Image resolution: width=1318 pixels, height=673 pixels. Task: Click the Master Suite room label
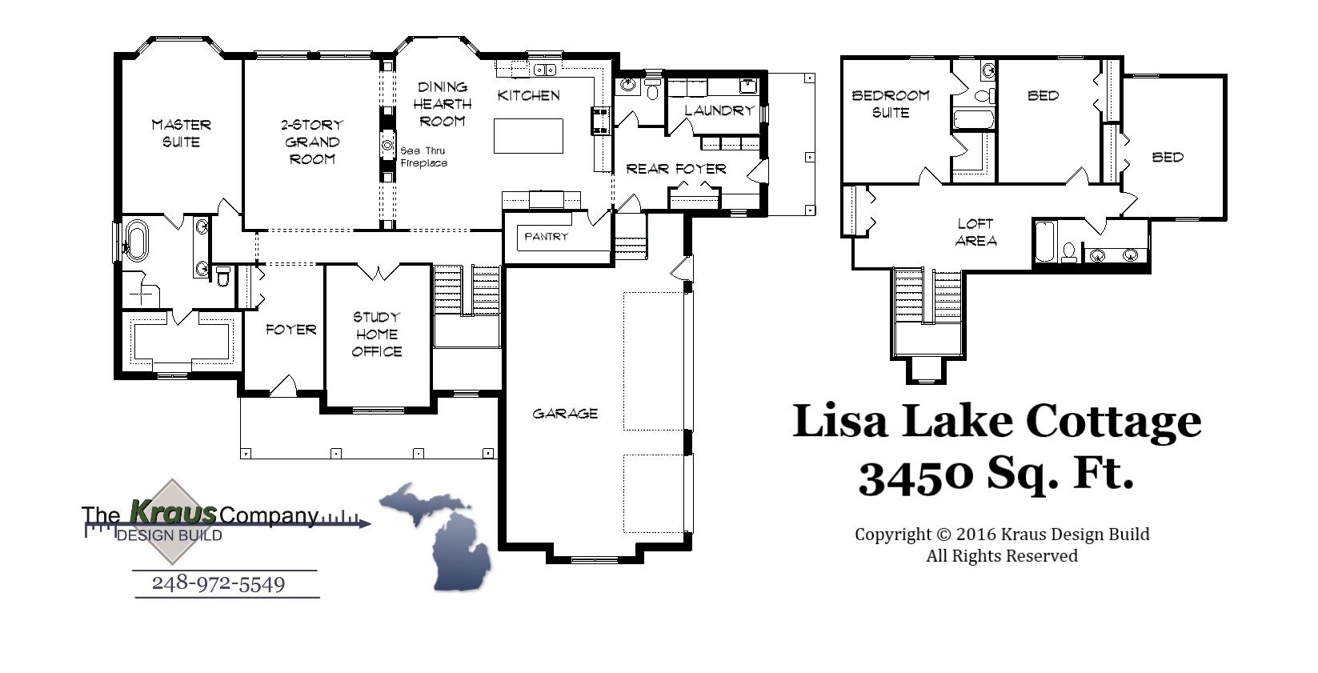tap(182, 134)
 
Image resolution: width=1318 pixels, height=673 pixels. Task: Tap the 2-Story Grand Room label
tap(312, 142)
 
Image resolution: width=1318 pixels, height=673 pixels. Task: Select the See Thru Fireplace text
tap(423, 157)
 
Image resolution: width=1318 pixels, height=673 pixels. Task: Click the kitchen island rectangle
tap(528, 135)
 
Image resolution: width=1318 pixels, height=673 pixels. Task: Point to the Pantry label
tap(547, 237)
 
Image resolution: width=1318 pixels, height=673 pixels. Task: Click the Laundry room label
tap(719, 110)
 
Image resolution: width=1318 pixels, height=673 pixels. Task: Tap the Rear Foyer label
tap(676, 169)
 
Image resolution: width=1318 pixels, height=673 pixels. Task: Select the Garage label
tap(565, 414)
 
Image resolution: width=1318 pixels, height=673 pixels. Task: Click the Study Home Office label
tap(377, 334)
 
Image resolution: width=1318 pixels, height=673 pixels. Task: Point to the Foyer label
tap(290, 329)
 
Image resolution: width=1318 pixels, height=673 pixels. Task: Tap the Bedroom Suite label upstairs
tap(891, 104)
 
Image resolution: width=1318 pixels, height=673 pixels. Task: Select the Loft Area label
tap(975, 232)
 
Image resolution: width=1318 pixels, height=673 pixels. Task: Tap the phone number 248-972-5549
tap(218, 583)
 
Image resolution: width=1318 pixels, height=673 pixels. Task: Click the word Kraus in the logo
tap(173, 511)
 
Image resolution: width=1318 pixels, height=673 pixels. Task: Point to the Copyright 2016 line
tap(1002, 535)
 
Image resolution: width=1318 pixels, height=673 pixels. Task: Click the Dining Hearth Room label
tap(443, 104)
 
